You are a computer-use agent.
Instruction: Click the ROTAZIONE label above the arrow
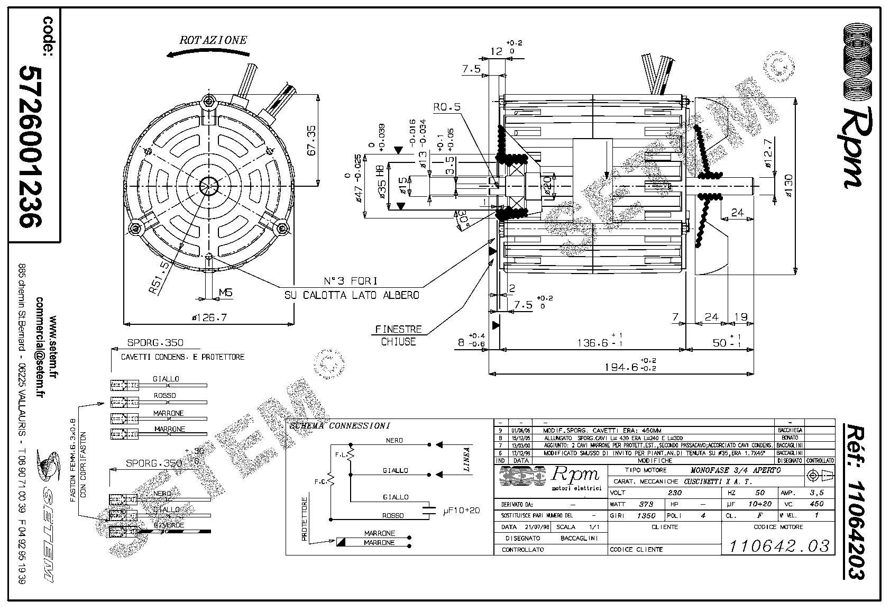(x=213, y=40)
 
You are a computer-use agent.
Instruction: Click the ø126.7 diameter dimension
(x=209, y=317)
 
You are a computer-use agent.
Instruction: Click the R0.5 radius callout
(x=447, y=107)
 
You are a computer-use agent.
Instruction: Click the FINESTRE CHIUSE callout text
(x=399, y=335)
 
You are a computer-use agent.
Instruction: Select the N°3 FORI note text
(x=351, y=281)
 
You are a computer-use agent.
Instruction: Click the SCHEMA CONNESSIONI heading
(x=338, y=425)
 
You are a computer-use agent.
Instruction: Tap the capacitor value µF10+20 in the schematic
(x=461, y=511)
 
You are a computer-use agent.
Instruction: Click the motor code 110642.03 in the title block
(x=779, y=546)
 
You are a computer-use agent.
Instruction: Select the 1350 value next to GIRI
(x=646, y=515)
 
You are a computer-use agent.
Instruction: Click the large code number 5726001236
(x=31, y=147)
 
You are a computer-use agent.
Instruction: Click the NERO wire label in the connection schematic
(x=394, y=440)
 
